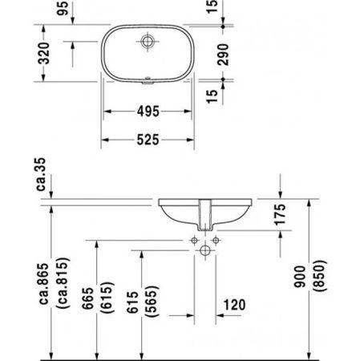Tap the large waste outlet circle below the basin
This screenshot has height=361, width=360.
click(204, 251)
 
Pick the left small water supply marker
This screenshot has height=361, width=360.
click(193, 240)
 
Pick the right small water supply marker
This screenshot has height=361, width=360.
click(216, 240)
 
